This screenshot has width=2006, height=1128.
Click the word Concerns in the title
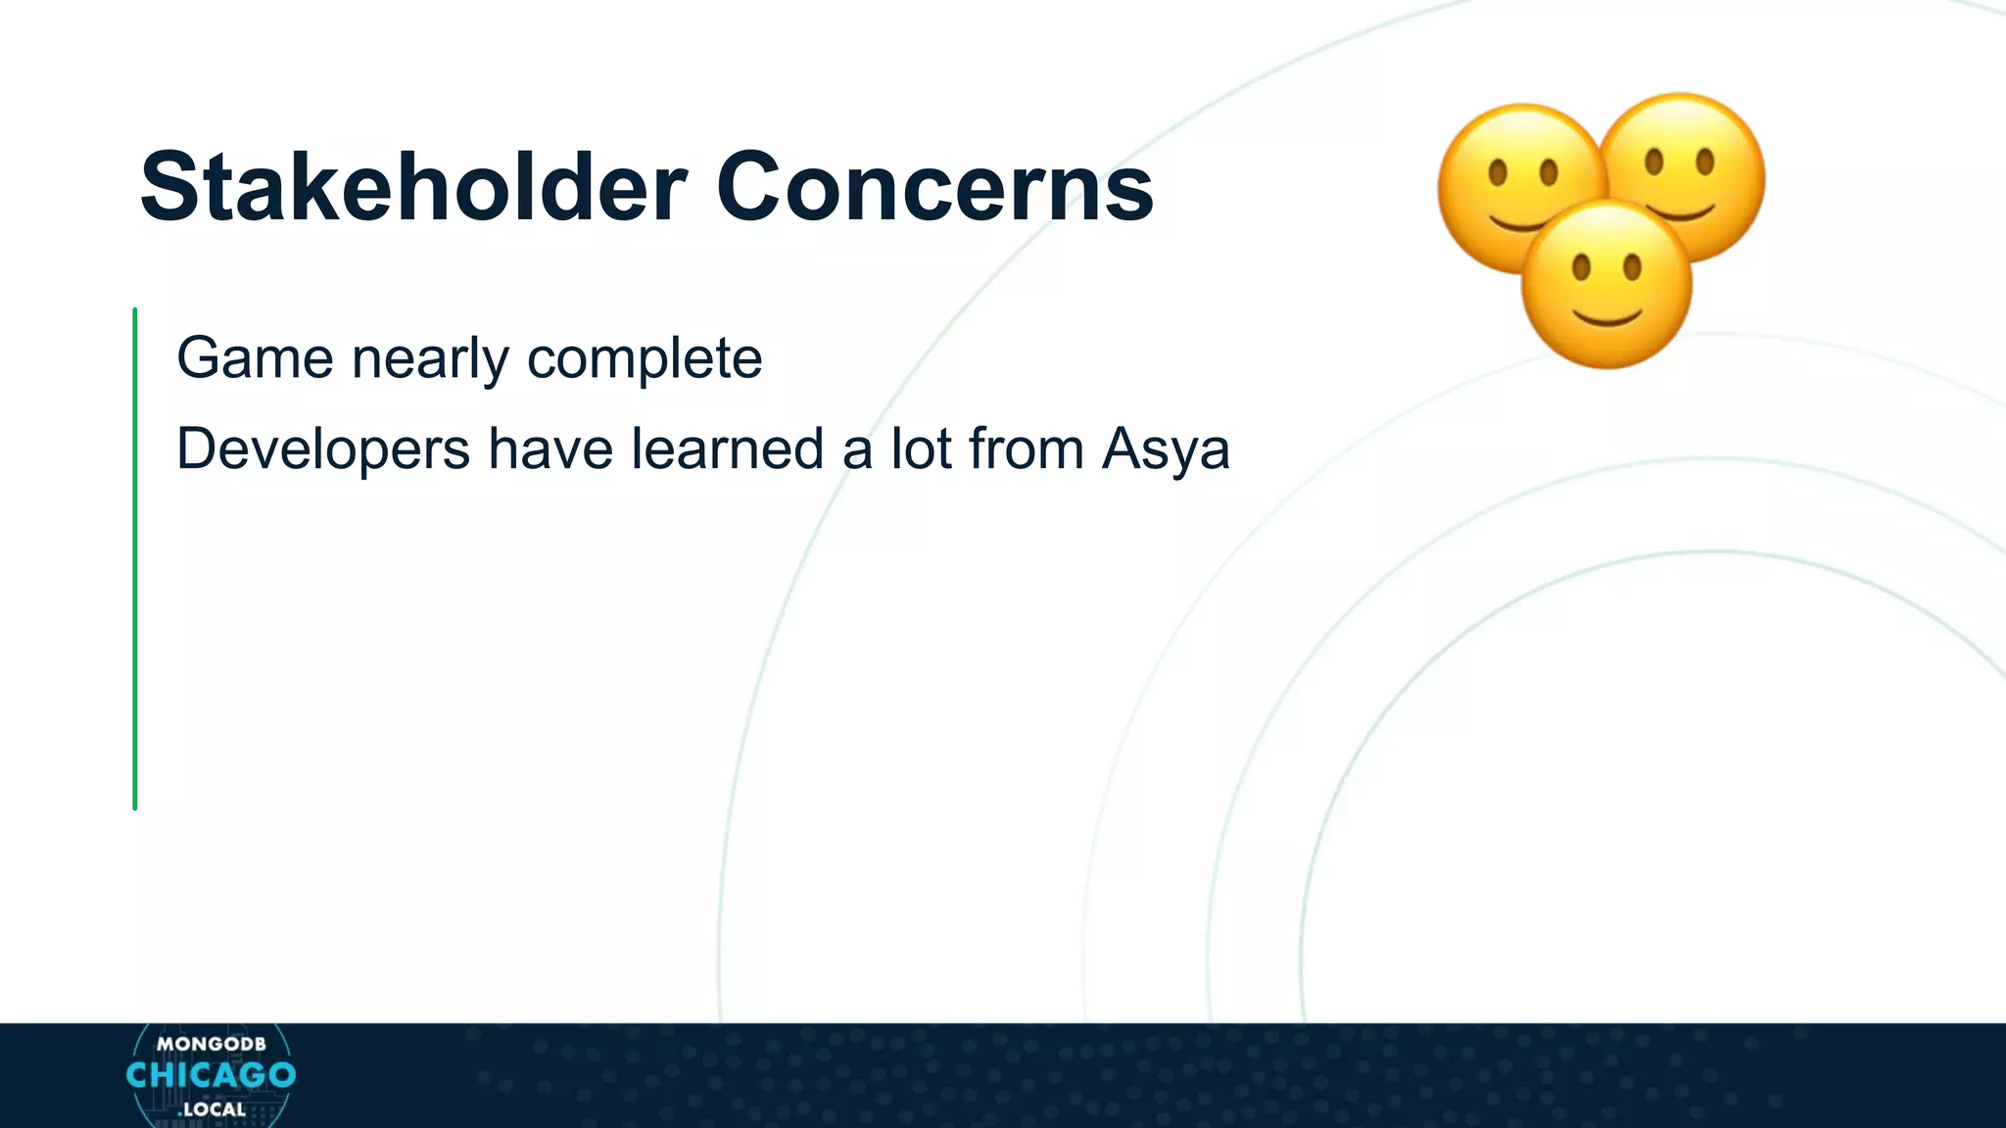click(x=935, y=187)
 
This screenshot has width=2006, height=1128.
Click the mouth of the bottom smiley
click(x=1606, y=317)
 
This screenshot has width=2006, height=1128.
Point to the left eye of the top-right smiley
click(x=1654, y=162)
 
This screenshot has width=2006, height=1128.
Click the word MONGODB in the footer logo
click(x=211, y=1044)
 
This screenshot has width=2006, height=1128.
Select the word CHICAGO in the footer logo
click(x=211, y=1075)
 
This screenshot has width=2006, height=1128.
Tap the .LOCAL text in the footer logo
click(x=212, y=1109)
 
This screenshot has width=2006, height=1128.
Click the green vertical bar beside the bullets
click(x=135, y=558)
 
